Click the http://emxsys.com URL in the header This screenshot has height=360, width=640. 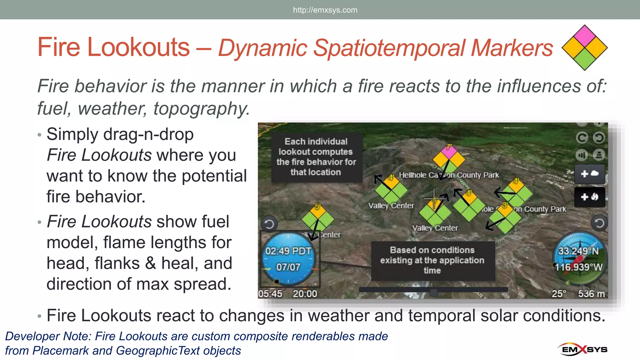click(325, 10)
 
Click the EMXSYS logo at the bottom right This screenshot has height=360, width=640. click(582, 349)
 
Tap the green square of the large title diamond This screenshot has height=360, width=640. click(585, 59)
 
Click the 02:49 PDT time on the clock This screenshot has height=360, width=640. click(288, 251)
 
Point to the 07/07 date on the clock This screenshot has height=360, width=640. click(288, 267)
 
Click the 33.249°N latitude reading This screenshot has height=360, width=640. click(578, 251)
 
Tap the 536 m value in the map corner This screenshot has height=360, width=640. click(591, 294)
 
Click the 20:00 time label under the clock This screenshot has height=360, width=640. click(305, 294)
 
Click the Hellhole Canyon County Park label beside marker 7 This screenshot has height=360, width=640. click(449, 175)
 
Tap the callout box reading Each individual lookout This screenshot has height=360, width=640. click(316, 157)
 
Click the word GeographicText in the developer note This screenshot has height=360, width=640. click(157, 351)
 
